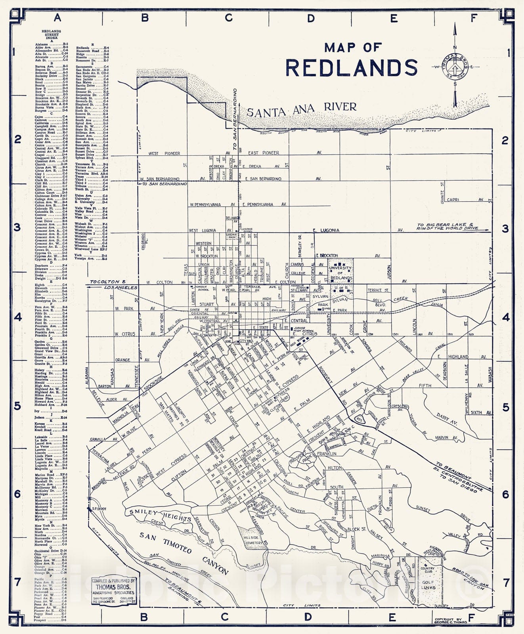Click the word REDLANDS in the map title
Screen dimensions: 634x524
point(352,68)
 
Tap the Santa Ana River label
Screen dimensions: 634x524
point(302,109)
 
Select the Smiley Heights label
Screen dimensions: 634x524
point(160,515)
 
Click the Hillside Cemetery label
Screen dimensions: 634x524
point(253,540)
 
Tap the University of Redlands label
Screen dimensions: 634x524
point(340,273)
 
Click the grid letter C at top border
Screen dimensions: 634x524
point(228,18)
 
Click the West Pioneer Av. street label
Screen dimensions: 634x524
point(164,153)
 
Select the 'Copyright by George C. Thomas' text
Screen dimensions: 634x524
point(451,621)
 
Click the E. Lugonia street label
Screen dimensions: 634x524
point(326,230)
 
